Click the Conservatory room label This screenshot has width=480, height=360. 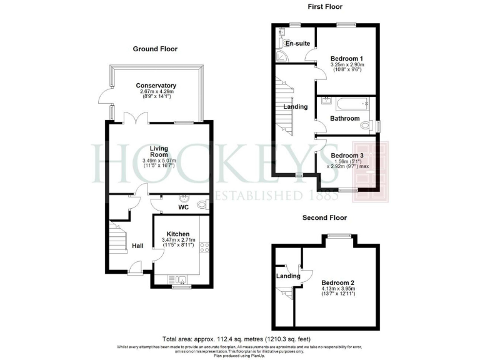(156, 86)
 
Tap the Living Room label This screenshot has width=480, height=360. (159, 151)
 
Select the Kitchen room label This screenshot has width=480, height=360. (178, 234)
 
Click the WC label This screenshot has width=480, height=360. (183, 206)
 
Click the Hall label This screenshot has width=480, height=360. (137, 246)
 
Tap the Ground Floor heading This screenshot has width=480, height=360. (155, 49)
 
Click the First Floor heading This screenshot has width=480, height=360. (324, 7)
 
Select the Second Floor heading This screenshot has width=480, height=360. (324, 218)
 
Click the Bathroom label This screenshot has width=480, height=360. (345, 119)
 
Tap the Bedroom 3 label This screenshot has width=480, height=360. (346, 155)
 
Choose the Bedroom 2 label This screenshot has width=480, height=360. (338, 283)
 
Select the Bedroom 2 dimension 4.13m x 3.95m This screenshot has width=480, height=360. (338, 289)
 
